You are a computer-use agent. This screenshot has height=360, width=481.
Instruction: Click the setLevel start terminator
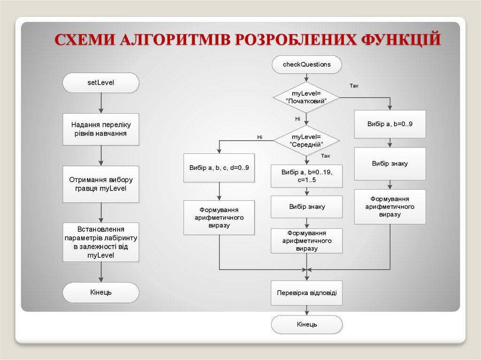point(101,83)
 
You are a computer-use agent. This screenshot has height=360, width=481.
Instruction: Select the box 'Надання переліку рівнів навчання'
point(101,129)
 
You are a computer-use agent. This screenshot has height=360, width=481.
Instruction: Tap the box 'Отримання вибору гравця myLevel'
point(101,184)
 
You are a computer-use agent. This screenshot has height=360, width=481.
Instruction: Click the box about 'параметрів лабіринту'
point(101,242)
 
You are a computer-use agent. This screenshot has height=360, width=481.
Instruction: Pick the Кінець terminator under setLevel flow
point(101,292)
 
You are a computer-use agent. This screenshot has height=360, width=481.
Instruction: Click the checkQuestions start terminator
point(307,64)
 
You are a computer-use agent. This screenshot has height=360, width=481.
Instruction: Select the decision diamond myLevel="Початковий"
point(307,98)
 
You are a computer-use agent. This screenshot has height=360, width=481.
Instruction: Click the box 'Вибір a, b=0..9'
point(390,124)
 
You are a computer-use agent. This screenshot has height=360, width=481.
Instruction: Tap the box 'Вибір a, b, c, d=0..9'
point(219,168)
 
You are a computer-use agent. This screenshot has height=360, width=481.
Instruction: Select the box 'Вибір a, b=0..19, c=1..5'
point(307,176)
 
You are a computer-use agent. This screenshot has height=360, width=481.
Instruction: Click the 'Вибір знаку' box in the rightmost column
point(390,164)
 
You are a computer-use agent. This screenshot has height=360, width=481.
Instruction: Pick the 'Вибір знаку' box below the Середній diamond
point(307,207)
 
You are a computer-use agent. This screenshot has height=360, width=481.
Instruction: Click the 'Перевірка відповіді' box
point(307,293)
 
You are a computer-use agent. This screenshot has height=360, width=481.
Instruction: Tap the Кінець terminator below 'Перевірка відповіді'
point(307,324)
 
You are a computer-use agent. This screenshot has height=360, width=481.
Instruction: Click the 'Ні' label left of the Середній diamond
point(259,137)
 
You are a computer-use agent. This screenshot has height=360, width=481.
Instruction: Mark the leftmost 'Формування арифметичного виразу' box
point(219,217)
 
